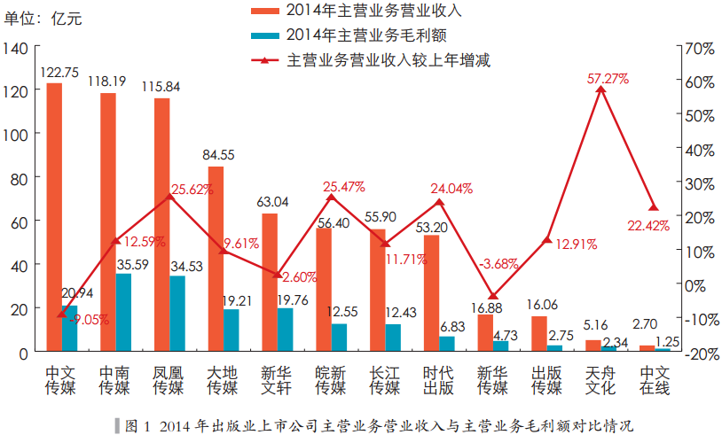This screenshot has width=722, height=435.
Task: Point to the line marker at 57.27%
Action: (601, 89)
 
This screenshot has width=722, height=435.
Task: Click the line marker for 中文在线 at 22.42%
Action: (655, 207)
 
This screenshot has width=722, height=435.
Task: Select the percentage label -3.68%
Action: (498, 264)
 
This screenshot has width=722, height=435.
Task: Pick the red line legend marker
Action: (264, 60)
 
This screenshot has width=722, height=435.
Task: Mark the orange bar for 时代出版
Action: (431, 293)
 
